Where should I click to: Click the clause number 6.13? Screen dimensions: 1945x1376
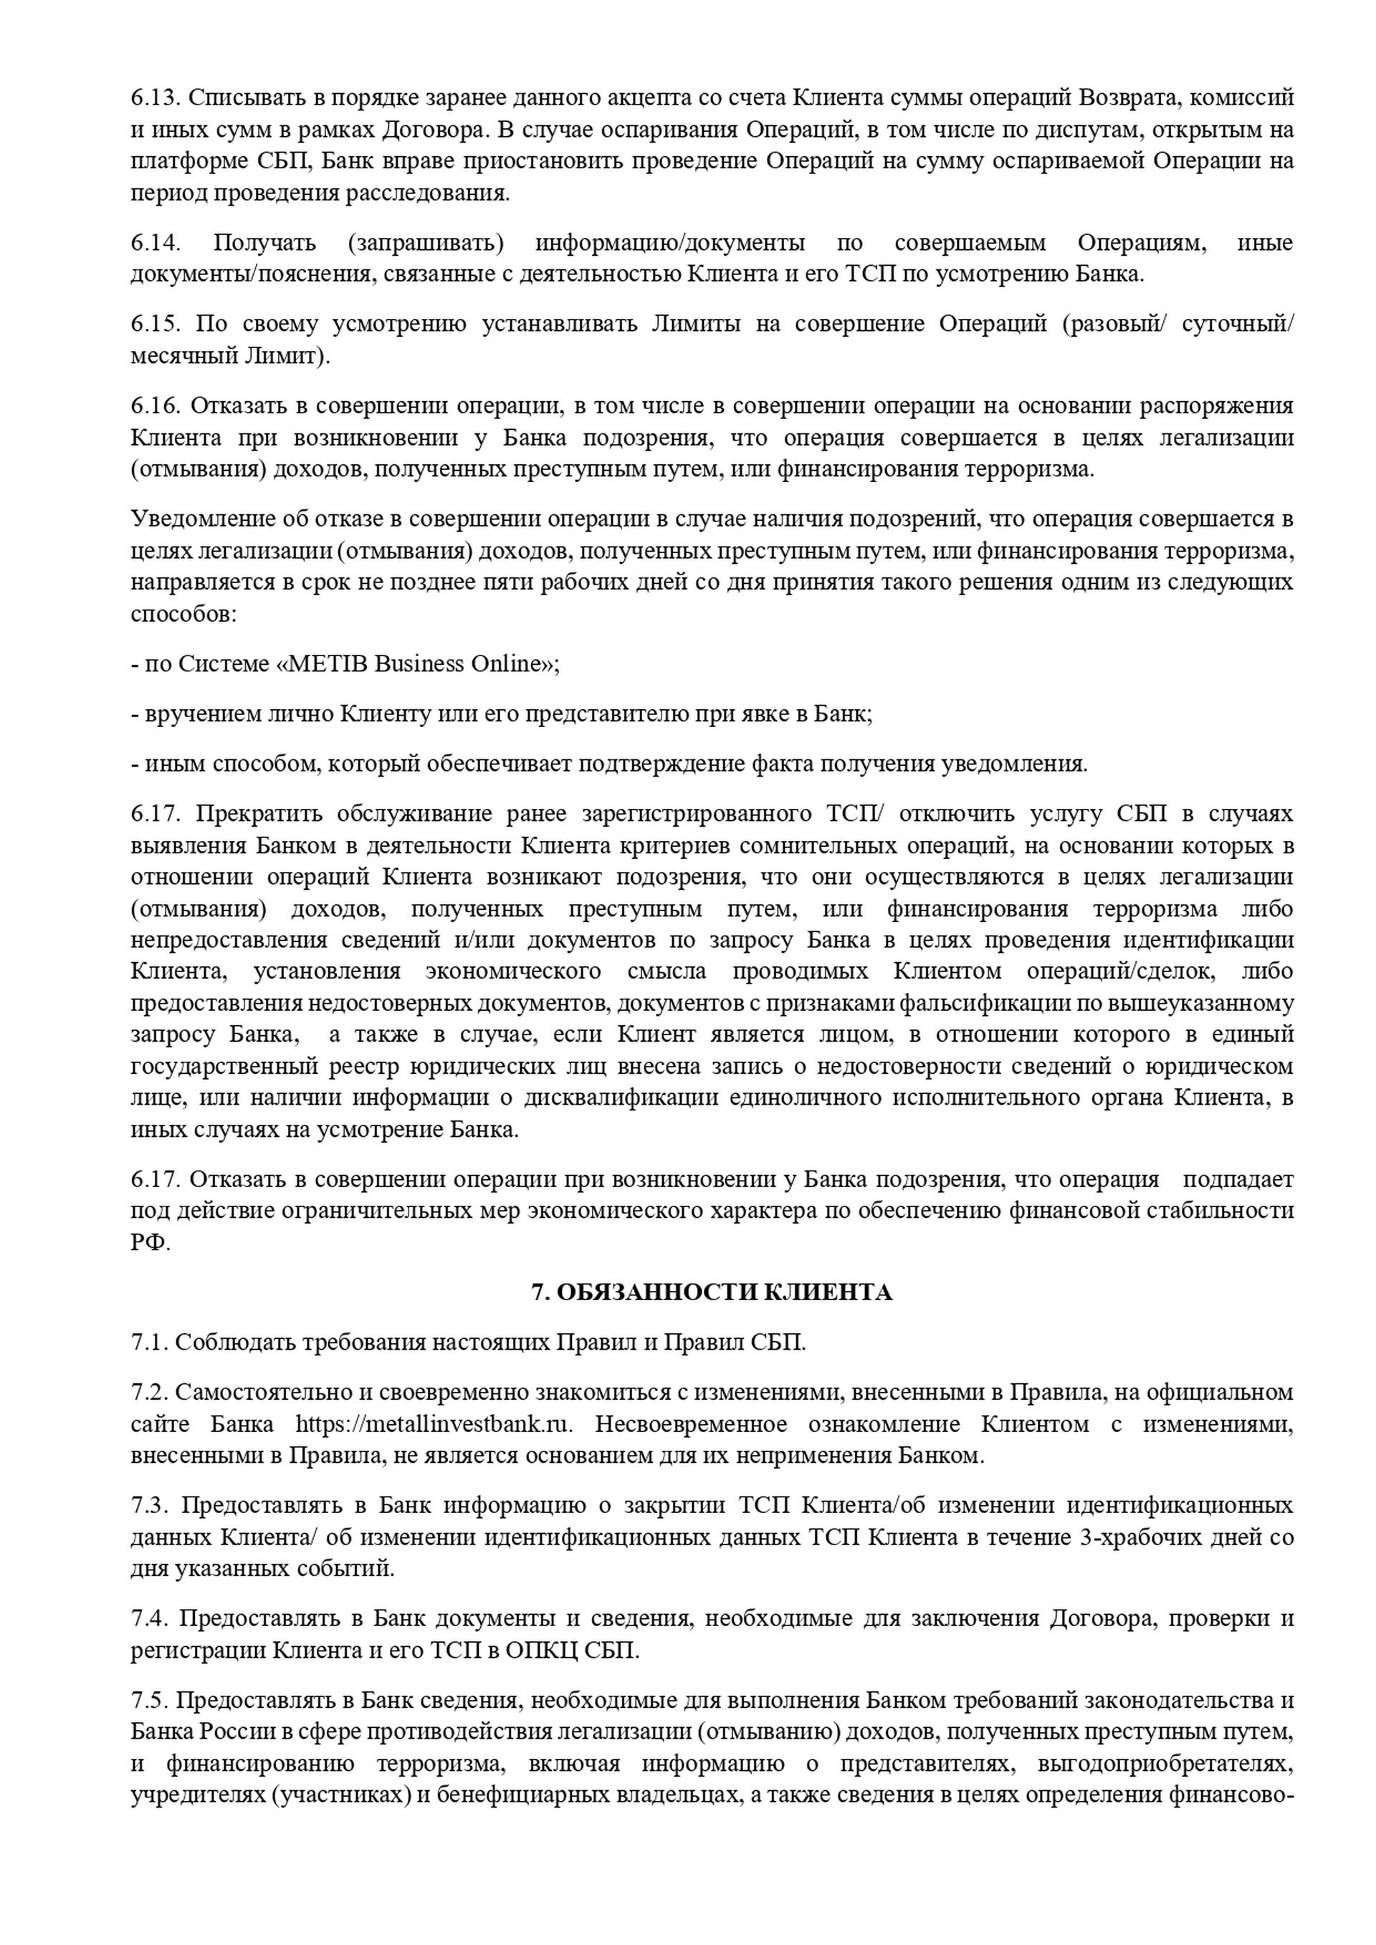[155, 98]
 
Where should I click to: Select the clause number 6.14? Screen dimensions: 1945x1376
[155, 243]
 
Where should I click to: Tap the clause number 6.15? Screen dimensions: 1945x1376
[155, 325]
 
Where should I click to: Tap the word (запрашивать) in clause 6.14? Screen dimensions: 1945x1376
[425, 243]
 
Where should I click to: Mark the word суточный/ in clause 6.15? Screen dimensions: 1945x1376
[1237, 325]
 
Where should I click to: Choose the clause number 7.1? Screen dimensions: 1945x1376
[149, 1343]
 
